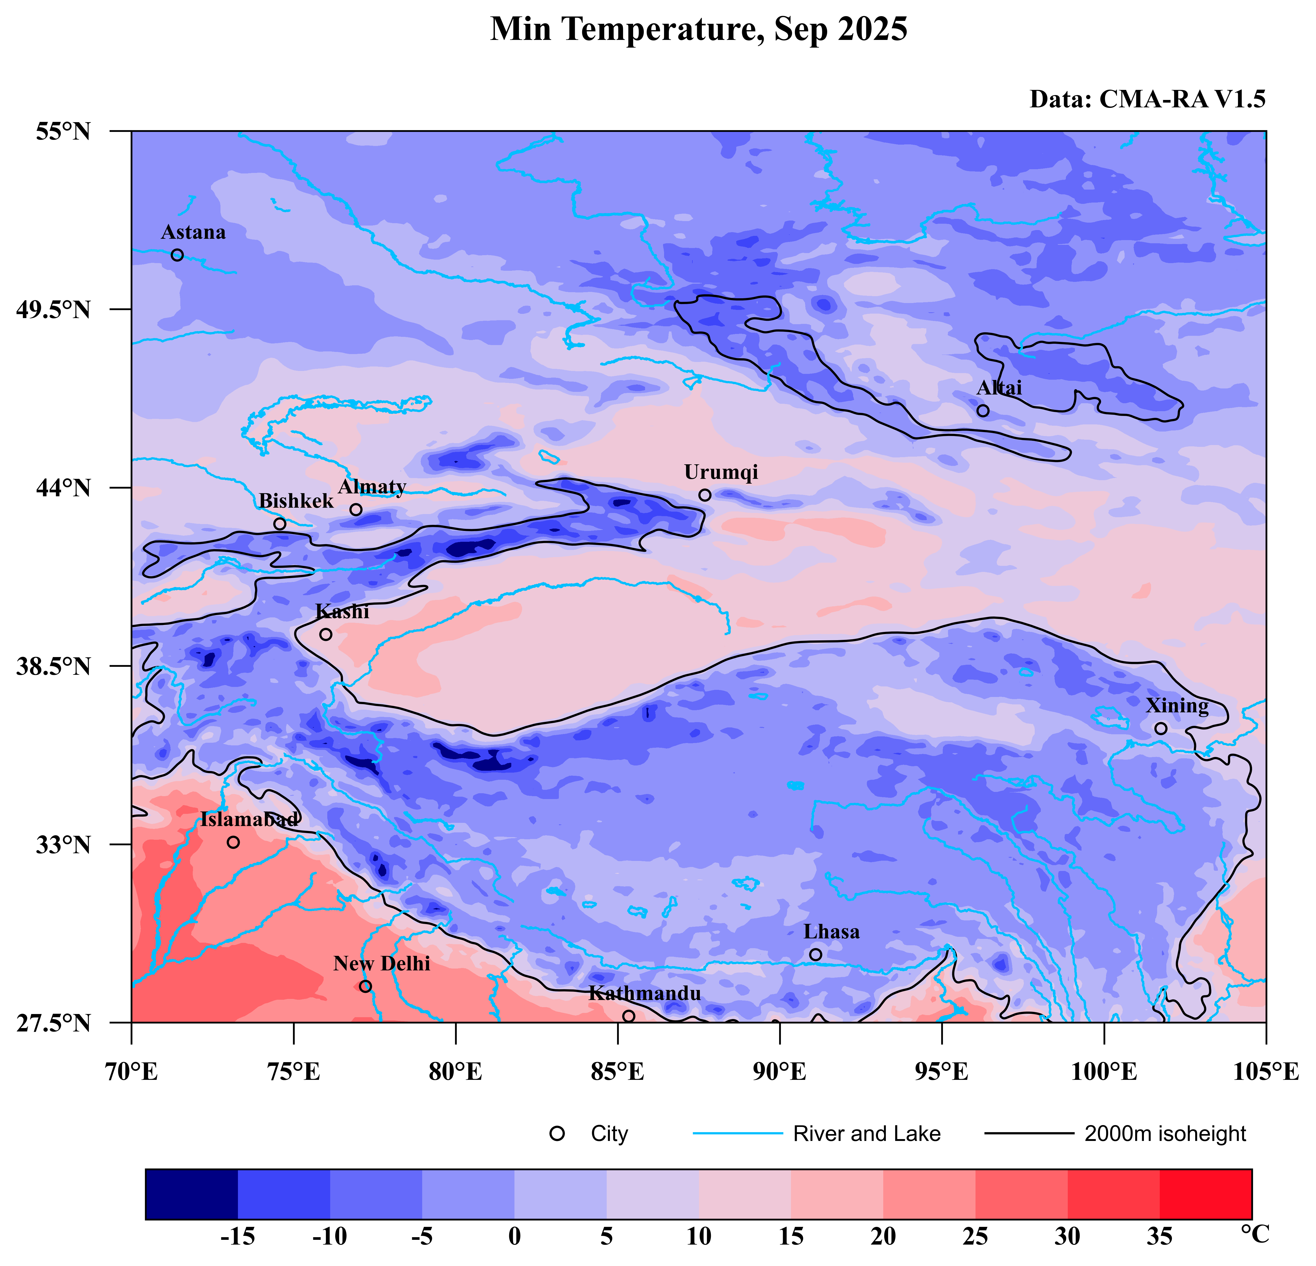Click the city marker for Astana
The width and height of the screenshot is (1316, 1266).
tap(177, 255)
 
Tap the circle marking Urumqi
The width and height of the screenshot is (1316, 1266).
tap(704, 495)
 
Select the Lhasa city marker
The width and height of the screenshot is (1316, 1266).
tap(815, 954)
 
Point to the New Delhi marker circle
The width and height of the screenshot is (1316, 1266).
tap(365, 986)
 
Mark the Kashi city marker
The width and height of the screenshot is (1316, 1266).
tap(326, 634)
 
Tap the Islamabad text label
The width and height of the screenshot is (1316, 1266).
tap(249, 819)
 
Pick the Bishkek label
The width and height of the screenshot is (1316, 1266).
tap(296, 501)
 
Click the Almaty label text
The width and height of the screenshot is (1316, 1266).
tap(372, 487)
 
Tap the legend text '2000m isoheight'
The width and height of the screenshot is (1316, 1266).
tap(1165, 1134)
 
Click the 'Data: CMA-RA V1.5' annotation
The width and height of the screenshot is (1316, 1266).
tap(1148, 99)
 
